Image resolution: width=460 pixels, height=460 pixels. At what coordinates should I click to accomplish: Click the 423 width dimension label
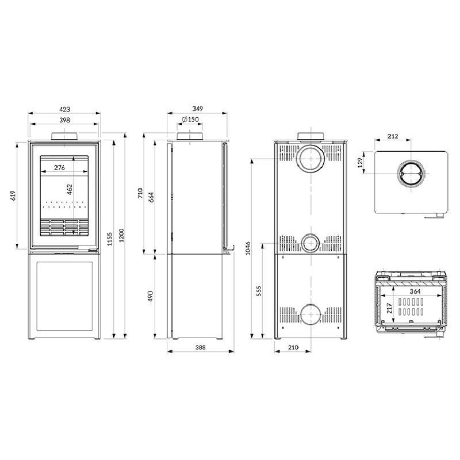click(x=65, y=109)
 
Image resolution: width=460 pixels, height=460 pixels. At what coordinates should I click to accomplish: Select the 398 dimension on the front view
click(x=64, y=120)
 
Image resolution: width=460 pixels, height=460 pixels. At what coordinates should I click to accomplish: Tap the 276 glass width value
click(x=59, y=167)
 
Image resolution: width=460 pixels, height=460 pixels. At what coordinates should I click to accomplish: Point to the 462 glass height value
click(x=69, y=189)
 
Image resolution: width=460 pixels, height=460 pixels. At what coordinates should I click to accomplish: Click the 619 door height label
click(x=13, y=195)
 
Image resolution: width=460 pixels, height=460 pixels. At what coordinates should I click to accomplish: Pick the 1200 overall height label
click(x=121, y=235)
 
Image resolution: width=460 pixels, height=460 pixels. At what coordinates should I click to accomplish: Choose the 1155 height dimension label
click(x=110, y=239)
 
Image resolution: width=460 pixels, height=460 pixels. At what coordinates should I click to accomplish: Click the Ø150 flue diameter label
click(x=190, y=120)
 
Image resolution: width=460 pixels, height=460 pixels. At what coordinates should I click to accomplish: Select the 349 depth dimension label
click(x=197, y=109)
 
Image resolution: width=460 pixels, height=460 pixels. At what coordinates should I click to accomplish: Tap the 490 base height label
click(x=150, y=296)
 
